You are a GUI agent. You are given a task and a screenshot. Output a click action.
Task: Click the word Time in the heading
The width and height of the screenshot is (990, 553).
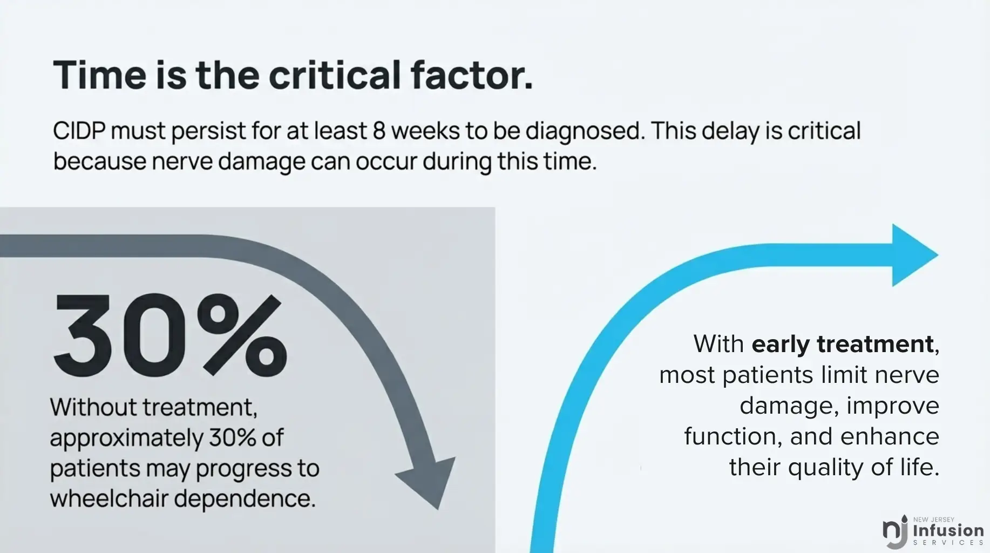pyautogui.click(x=100, y=75)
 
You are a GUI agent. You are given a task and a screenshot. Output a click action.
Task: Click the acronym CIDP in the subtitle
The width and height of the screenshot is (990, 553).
pyautogui.click(x=79, y=131)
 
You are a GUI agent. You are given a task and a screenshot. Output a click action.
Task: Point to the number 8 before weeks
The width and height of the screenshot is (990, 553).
pyautogui.click(x=379, y=131)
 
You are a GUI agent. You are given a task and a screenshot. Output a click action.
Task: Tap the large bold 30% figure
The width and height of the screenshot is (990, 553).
pyautogui.click(x=169, y=335)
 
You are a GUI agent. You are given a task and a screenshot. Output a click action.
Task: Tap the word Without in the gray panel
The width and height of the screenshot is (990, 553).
pyautogui.click(x=93, y=407)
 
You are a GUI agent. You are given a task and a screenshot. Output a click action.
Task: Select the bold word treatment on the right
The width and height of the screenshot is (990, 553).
pyautogui.click(x=875, y=344)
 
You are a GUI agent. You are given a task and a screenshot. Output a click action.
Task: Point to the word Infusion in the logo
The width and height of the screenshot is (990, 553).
pyautogui.click(x=948, y=530)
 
